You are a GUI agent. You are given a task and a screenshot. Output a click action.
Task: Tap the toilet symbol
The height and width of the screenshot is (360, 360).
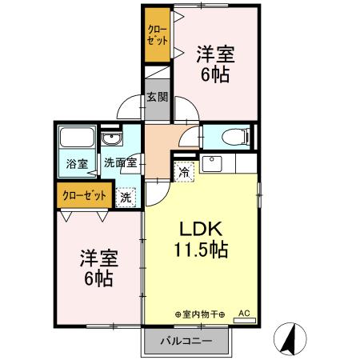click(234, 135)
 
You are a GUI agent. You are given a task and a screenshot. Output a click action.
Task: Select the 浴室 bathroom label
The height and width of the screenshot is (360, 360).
click(77, 163)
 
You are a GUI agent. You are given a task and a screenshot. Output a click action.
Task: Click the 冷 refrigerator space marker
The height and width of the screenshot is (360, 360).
click(184, 171)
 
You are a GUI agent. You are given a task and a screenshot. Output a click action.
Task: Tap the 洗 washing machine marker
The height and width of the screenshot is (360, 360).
click(126, 196)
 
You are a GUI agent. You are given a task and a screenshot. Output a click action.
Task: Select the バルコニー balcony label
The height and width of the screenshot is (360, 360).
click(186, 342)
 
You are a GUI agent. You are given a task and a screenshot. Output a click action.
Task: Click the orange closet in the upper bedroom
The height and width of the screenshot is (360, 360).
click(156, 35)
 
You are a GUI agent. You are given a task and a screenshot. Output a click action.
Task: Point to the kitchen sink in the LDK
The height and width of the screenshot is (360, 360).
click(213, 166)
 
